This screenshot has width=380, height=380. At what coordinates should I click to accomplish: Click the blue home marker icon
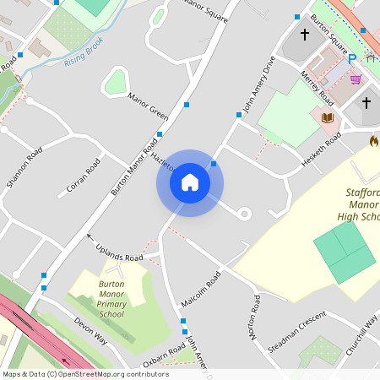coord(190,182)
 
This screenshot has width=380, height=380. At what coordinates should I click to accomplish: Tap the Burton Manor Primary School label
coord(111,299)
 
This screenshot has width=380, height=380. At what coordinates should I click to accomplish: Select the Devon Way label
coord(90,330)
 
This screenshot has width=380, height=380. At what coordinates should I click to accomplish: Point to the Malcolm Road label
coord(200,290)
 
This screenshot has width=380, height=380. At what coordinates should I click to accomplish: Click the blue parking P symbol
coord(353,59)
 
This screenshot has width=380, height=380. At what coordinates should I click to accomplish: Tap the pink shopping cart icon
coord(356,79)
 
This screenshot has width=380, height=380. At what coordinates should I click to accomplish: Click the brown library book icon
coord(328,117)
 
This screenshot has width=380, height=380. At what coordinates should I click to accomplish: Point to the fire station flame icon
coord(373,141)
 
